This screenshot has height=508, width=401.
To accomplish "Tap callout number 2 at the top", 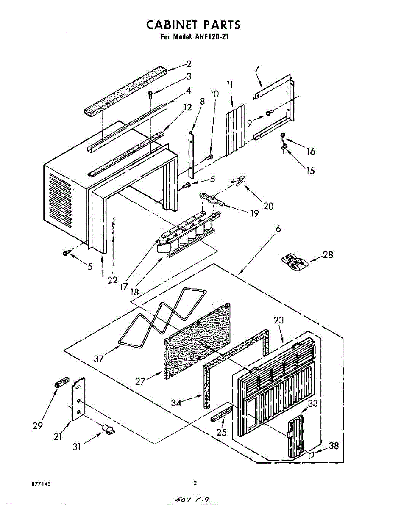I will [189, 64].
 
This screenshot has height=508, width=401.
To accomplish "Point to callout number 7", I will [257, 68].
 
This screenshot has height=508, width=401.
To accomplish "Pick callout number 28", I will [328, 254].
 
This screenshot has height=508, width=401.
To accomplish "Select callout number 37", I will [99, 359].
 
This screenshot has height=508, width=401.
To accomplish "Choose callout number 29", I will [38, 426].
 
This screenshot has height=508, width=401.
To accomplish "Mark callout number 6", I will [278, 228].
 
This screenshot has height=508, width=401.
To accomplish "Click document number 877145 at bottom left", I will [41, 483].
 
